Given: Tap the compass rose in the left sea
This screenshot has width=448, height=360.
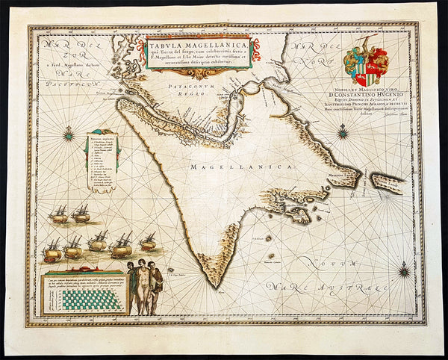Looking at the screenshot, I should [x=69, y=134].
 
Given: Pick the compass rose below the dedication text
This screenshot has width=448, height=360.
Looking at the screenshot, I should [x=343, y=133].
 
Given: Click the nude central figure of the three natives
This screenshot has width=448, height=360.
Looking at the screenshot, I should [x=136, y=287].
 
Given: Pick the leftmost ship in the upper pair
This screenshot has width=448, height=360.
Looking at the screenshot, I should [x=58, y=214].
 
